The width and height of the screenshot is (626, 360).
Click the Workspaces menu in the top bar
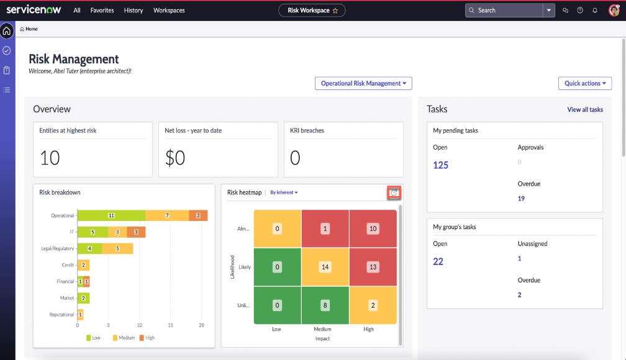click(169, 11)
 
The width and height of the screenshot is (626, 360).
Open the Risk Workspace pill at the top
click(312, 11)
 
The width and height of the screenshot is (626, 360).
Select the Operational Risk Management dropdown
click(363, 83)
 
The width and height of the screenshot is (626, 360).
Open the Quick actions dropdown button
click(584, 83)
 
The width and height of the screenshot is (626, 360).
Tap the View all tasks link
click(584, 110)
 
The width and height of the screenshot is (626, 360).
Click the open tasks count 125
click(440, 165)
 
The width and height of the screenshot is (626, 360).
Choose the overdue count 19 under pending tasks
click(521, 199)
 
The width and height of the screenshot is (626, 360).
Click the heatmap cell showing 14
click(325, 267)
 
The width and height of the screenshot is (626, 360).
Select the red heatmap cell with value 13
click(373, 267)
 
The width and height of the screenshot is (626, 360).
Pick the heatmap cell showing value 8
click(325, 305)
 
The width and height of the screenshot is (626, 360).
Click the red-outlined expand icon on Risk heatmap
click(394, 193)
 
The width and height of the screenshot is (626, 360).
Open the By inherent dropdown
click(284, 192)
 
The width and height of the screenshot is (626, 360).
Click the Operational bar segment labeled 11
click(111, 215)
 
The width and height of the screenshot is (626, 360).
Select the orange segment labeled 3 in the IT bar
click(136, 232)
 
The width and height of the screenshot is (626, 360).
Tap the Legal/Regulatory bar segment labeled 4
click(89, 248)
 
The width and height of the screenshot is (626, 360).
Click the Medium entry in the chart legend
click(123, 338)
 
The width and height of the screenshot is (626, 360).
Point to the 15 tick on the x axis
click(171, 325)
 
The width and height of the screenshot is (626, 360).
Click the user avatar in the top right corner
click(614, 11)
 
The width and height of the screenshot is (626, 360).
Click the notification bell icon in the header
click(595, 11)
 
